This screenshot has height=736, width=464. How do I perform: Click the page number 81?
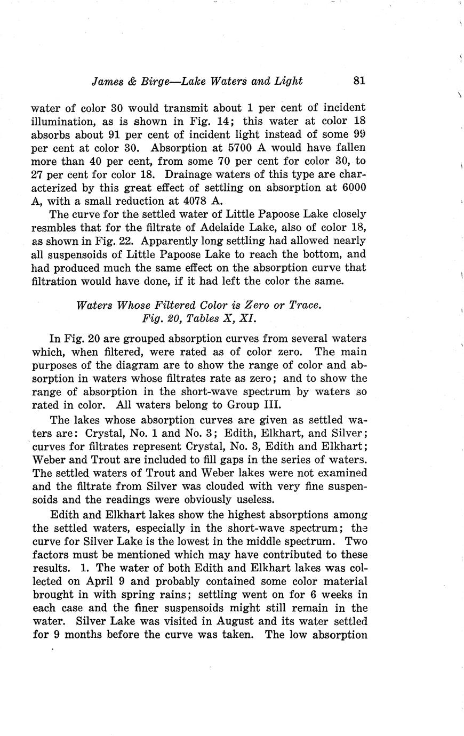pos(358,81)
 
